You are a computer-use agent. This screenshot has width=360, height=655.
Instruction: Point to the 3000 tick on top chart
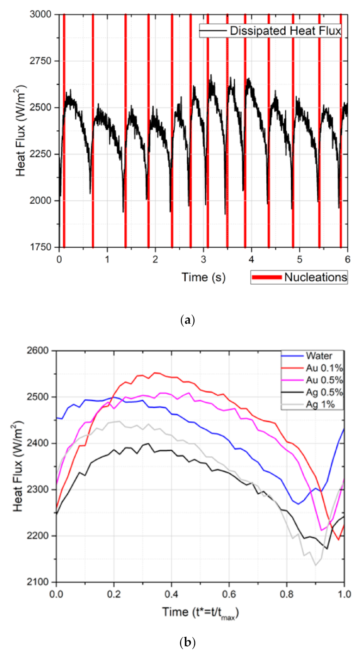point(40,14)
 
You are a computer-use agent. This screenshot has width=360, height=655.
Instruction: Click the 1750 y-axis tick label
point(40,247)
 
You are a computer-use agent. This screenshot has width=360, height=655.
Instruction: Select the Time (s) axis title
point(203,277)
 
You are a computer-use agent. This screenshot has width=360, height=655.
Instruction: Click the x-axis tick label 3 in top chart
point(203,260)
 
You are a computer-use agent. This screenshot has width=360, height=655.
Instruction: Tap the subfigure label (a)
point(187,320)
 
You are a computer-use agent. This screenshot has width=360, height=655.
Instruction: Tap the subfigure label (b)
point(187,642)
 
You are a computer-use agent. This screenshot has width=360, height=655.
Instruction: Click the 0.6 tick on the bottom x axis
point(229,594)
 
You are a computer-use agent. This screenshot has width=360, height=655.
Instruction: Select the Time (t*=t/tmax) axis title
point(200,612)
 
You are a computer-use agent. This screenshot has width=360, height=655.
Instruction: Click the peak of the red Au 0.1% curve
point(155,373)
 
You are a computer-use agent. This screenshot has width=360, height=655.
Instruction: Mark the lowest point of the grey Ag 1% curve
point(316,565)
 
